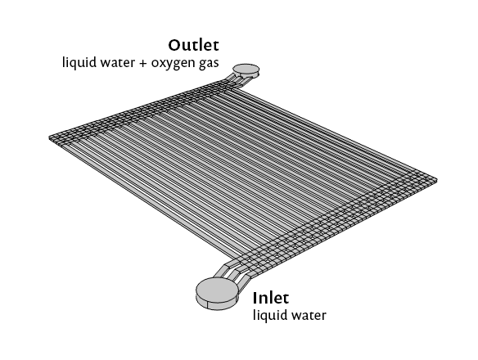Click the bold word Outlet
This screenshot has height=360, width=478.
pos(193,45)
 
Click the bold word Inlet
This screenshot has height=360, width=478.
pos(270,298)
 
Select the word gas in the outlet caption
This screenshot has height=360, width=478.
pos(210,64)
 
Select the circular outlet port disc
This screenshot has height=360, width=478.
pos(246,70)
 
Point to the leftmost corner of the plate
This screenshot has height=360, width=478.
pos(49,138)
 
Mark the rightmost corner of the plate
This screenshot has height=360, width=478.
pos(436,180)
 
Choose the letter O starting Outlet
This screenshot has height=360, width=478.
pos(174,46)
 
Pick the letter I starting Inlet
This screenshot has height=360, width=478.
pos(255,298)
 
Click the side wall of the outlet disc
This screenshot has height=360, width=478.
pos(246,74)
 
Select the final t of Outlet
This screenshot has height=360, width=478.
pos(216,46)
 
